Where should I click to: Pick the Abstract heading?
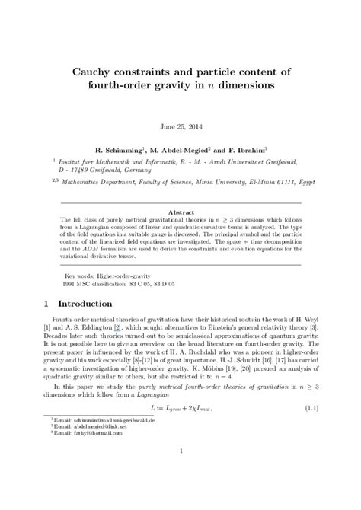coord(180,193)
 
